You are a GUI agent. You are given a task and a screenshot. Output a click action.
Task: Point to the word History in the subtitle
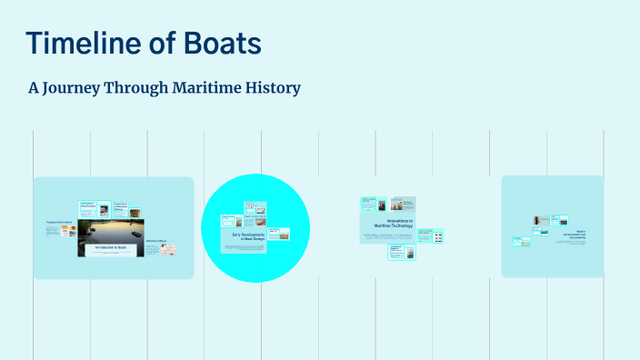(272, 88)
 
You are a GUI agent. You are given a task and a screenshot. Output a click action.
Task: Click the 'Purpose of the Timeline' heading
(59, 222)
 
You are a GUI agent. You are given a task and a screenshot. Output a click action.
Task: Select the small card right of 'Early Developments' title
(278, 235)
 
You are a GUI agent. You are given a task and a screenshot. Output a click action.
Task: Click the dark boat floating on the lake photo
(134, 235)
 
